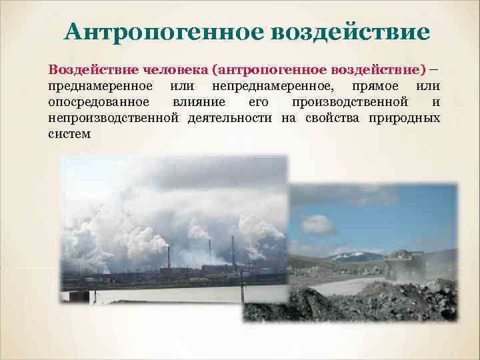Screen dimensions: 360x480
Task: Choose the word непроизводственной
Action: (x=113, y=118)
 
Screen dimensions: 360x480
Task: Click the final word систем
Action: (x=69, y=134)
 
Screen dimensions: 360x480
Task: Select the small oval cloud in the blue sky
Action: (x=319, y=224)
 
